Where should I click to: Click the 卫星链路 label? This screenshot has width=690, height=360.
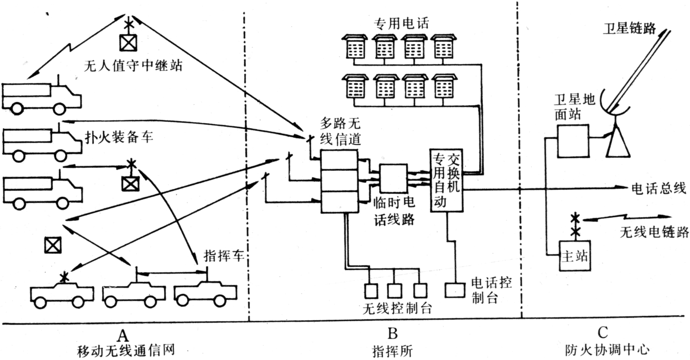pos(629,29)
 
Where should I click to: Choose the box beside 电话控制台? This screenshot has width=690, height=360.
pos(454,290)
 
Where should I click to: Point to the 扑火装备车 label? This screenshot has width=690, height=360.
pos(118,137)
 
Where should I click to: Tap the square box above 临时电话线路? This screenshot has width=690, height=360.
pos(393,179)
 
